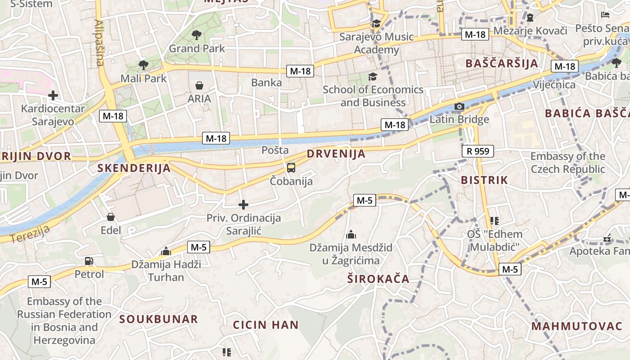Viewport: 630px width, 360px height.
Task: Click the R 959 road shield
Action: pyautogui.click(x=477, y=151)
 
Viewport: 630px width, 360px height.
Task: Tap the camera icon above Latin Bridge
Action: pyautogui.click(x=459, y=107)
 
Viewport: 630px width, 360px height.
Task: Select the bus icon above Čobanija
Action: pyautogui.click(x=291, y=168)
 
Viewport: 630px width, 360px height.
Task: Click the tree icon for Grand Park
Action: pyautogui.click(x=196, y=35)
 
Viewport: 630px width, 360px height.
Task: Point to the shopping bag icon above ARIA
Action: pyautogui.click(x=199, y=85)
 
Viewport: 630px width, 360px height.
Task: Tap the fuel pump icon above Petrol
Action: pyautogui.click(x=89, y=261)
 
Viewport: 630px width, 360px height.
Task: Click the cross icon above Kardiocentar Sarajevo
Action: pyautogui.click(x=53, y=95)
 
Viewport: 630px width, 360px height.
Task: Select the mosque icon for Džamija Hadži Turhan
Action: pyautogui.click(x=166, y=251)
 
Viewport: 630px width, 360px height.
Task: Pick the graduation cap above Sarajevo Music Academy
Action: pyautogui.click(x=376, y=23)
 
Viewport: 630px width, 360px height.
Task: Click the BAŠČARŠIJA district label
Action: pyautogui.click(x=502, y=63)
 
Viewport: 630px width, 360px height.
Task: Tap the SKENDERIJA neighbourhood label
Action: pyautogui.click(x=134, y=168)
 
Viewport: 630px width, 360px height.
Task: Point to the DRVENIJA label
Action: pyautogui.click(x=336, y=154)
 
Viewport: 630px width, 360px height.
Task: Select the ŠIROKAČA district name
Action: pyautogui.click(x=378, y=279)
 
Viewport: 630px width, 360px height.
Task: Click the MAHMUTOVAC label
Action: pyautogui.click(x=576, y=326)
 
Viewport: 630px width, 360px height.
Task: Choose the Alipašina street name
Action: pyautogui.click(x=99, y=43)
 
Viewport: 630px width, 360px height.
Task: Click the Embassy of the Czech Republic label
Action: pyautogui.click(x=568, y=162)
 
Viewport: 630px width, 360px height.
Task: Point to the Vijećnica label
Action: pyautogui.click(x=554, y=85)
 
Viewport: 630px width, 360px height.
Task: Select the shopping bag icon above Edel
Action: pyautogui.click(x=111, y=217)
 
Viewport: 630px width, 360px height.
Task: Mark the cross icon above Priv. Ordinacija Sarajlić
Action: pyautogui.click(x=243, y=205)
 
